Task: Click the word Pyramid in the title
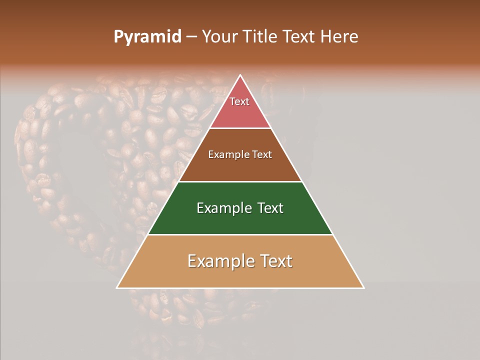click(147, 37)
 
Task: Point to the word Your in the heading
click(219, 37)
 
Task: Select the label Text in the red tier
click(239, 101)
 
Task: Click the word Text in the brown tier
click(261, 155)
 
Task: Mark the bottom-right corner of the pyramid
click(363, 287)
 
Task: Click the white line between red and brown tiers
click(240, 128)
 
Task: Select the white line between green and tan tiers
click(240, 235)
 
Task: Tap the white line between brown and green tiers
click(240, 181)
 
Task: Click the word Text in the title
click(299, 37)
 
